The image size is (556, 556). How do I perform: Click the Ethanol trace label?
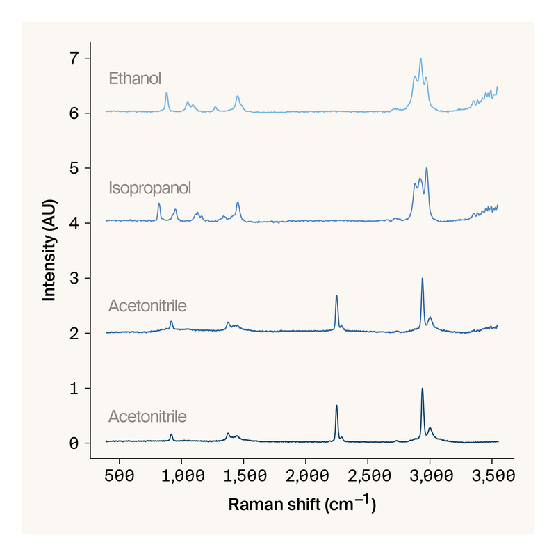click(135, 79)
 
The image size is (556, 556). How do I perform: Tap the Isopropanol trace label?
click(149, 188)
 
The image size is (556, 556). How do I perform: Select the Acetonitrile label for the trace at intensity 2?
click(147, 306)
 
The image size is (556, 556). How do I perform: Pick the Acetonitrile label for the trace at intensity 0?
click(147, 417)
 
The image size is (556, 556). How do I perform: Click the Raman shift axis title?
click(302, 505)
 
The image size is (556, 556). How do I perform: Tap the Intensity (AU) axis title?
click(49, 250)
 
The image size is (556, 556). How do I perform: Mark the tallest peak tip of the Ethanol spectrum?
click(420, 59)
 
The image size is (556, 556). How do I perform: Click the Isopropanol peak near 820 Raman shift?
click(159, 204)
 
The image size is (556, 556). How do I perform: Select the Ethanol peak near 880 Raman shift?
click(167, 93)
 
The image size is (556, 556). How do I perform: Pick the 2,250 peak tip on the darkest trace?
click(336, 406)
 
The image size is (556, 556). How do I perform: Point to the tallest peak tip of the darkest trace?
click(422, 389)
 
